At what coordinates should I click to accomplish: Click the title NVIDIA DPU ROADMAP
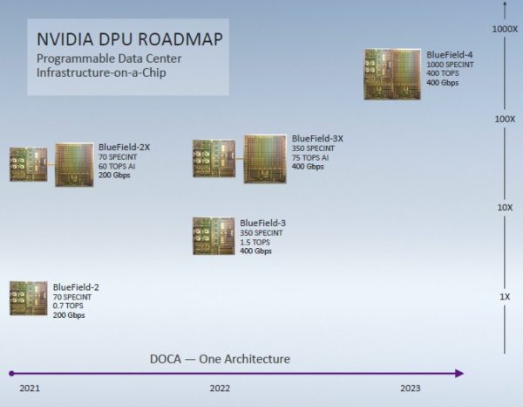coord(129,40)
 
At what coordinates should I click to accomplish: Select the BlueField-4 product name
coord(450,55)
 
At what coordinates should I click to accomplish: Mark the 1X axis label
coord(504,298)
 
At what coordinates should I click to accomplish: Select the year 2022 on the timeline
coord(219,388)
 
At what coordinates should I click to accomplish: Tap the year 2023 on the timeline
coord(411,388)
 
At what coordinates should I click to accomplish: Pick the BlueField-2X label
coord(124,148)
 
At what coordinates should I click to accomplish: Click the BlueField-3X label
coord(317,138)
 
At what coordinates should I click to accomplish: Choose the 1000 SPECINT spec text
coord(450,66)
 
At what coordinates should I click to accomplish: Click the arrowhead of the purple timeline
coord(459,374)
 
